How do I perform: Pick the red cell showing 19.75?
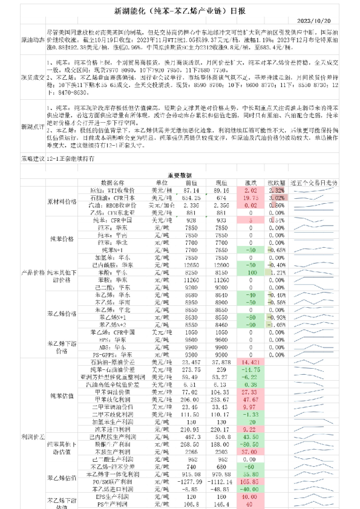[x=250, y=197]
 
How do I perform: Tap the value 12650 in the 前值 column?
[x=192, y=264]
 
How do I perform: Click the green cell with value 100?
[x=250, y=273]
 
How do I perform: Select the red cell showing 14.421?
[x=250, y=361]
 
